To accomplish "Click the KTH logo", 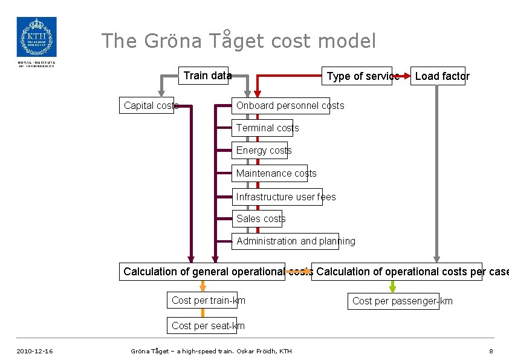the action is click(36, 38).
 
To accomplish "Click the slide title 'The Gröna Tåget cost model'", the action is click(238, 41).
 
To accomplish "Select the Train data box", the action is click(207, 76).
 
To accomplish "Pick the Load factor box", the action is click(438, 76).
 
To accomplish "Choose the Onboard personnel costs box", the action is click(281, 105).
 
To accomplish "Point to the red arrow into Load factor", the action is click(404, 76).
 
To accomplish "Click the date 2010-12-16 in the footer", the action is click(35, 351).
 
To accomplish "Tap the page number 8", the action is click(491, 351).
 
